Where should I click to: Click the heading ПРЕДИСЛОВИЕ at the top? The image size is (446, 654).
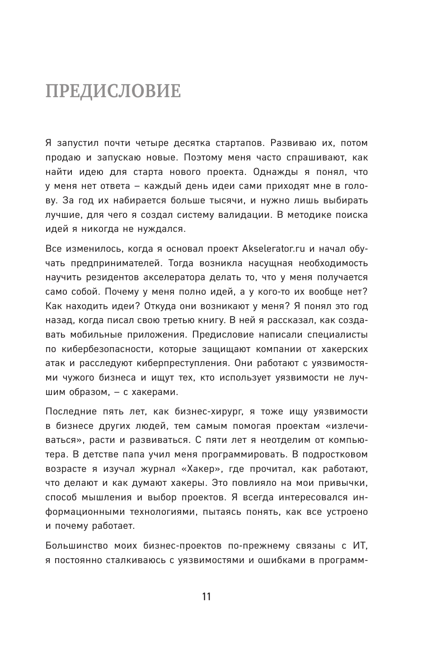(x=113, y=91)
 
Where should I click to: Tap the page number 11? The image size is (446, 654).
(x=207, y=597)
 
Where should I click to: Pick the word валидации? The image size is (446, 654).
(x=247, y=215)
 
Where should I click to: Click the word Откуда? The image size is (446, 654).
(x=161, y=306)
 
